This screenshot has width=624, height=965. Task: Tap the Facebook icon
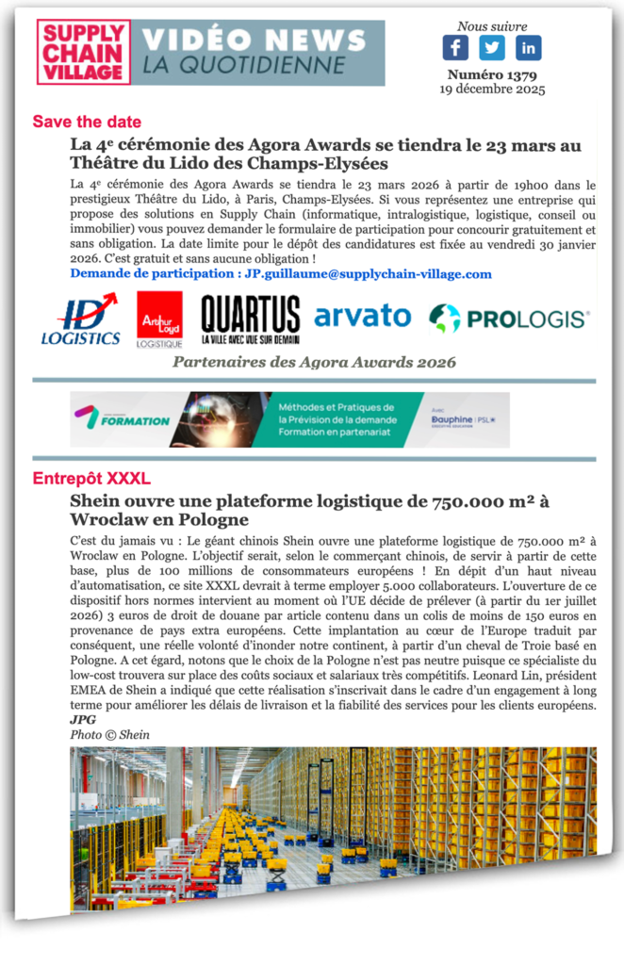click(x=455, y=46)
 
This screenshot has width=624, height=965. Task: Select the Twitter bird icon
click(x=491, y=46)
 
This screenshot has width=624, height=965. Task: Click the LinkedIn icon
click(x=528, y=46)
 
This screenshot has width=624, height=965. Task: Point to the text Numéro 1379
click(x=491, y=75)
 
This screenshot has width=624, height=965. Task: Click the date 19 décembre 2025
click(x=491, y=90)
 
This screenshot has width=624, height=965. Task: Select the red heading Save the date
click(x=87, y=122)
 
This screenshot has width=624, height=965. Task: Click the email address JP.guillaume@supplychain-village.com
click(x=369, y=273)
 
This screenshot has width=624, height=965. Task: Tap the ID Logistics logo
click(x=81, y=319)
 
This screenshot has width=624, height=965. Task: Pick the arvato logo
click(x=363, y=317)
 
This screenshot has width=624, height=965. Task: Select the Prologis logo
click(x=510, y=319)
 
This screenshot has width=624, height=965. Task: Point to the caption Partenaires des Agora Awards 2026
click(x=314, y=363)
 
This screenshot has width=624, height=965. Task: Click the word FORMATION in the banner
click(x=136, y=420)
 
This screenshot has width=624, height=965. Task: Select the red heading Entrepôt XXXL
click(x=91, y=477)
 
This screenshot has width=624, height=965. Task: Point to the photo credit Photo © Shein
click(x=109, y=734)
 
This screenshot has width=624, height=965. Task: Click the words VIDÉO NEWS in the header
click(x=255, y=40)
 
